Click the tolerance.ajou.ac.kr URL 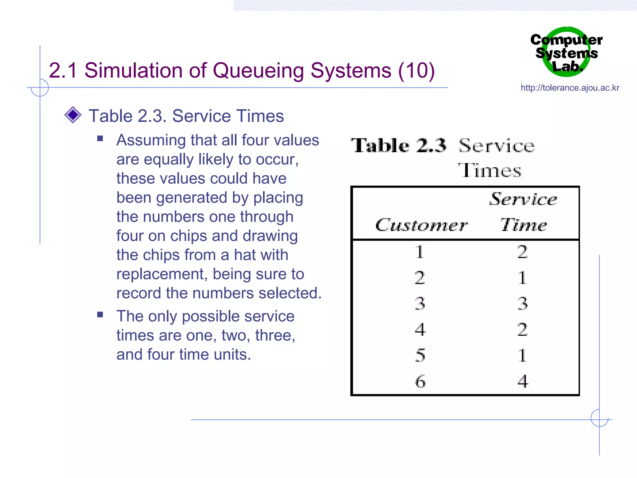pos(570,88)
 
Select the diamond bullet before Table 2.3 pos(73,115)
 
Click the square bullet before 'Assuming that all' pos(100,138)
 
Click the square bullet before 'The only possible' pos(100,315)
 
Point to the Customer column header pos(421,225)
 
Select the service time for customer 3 pos(523,303)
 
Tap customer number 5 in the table pos(420,355)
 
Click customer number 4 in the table pos(420,329)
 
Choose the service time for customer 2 pos(523,278)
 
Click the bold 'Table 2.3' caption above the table pos(398,146)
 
